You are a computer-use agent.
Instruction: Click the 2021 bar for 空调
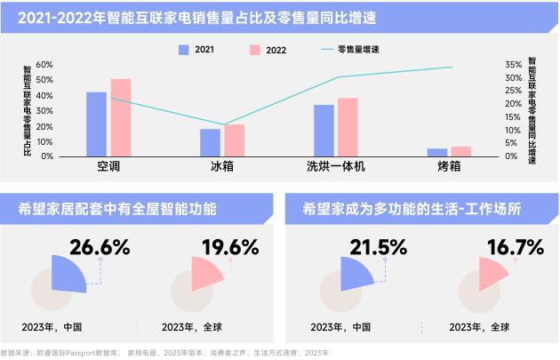coord(96,124)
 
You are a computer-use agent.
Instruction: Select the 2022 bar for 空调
coord(120,117)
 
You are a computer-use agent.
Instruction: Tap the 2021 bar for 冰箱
coord(210,142)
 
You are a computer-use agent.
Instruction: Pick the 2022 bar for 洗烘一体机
coord(348,127)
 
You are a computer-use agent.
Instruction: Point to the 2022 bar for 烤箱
coord(460,151)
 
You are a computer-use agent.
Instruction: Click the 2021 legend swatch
coord(184,50)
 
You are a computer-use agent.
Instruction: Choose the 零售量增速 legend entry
coord(353,50)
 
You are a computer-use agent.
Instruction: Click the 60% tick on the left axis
coord(44,65)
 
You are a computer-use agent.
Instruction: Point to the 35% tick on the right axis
coord(513,65)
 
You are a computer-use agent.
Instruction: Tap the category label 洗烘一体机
coord(336,166)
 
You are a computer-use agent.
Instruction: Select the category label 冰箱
coord(222,166)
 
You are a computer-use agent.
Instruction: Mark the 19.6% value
coord(229,247)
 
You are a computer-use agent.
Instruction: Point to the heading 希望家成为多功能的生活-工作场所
coord(412,211)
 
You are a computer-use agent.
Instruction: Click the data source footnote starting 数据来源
coord(164,353)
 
